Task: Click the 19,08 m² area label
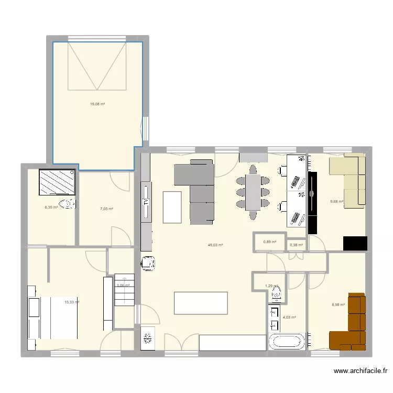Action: tap(97, 104)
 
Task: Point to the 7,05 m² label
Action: tap(106, 209)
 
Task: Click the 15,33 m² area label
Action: tap(72, 302)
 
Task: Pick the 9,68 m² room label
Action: tap(336, 201)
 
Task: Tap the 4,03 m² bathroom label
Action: tap(289, 317)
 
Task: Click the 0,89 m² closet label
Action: tap(269, 242)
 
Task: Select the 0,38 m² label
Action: tap(296, 245)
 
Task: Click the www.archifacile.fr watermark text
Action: tap(361, 372)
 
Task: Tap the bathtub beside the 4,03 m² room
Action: tap(287, 342)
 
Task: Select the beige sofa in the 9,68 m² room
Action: tap(348, 178)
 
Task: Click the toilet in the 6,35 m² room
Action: tap(67, 204)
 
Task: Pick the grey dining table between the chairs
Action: tap(253, 191)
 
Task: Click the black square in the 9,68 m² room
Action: tap(355, 244)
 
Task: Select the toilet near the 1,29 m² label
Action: tap(277, 294)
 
